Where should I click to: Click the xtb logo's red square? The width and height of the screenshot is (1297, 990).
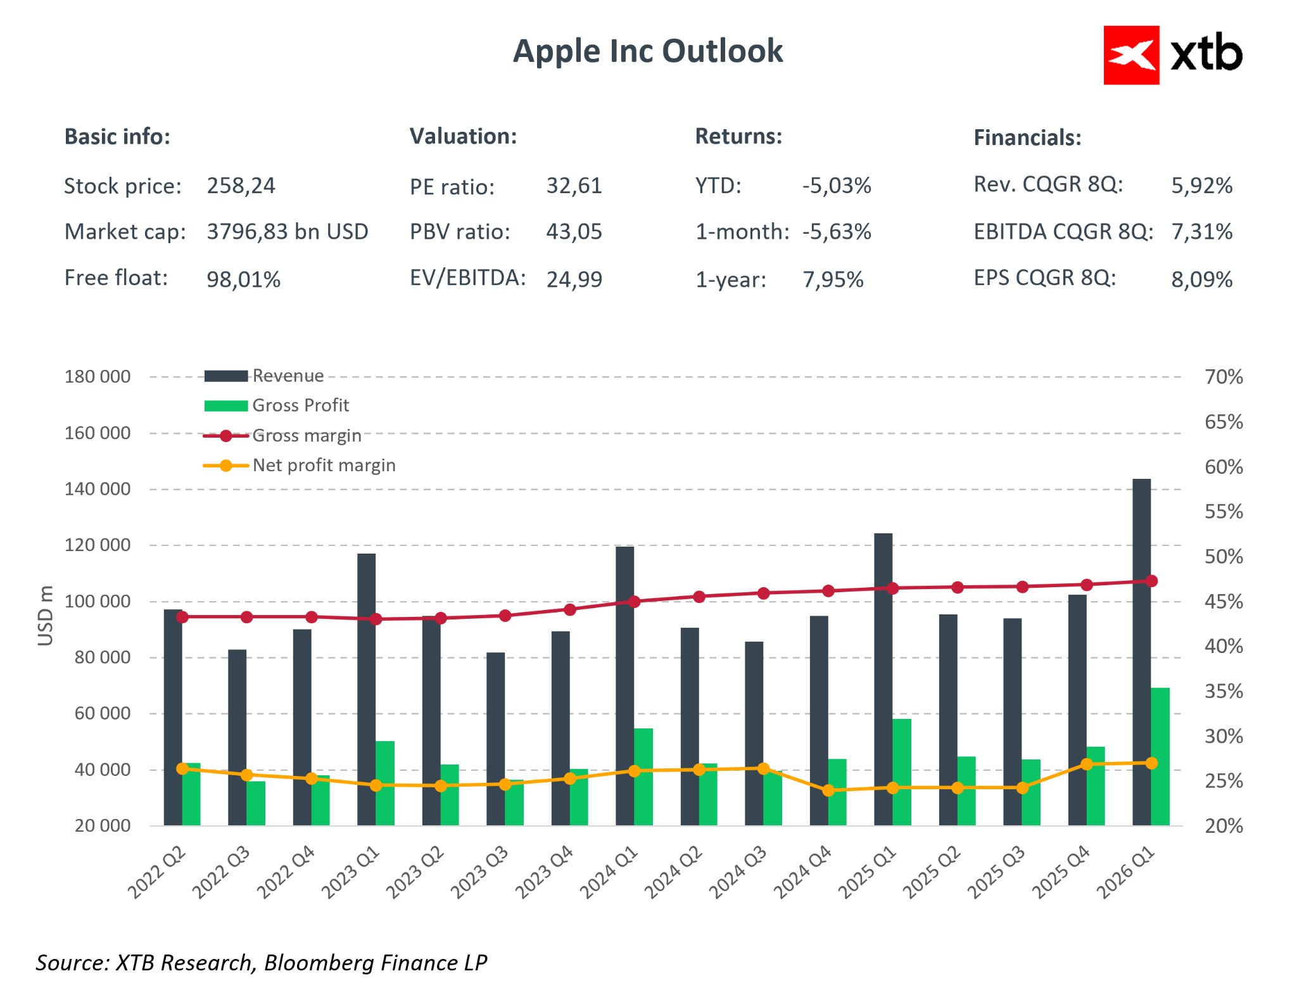(1131, 55)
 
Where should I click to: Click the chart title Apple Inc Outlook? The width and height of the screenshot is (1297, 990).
(647, 51)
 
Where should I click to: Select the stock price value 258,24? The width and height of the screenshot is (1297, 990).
(241, 186)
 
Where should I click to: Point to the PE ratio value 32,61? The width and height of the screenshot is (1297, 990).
(574, 186)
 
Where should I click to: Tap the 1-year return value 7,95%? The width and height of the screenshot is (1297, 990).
(833, 279)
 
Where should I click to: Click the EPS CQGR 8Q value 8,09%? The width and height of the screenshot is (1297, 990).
(1201, 279)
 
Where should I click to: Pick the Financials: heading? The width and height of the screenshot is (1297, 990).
(1027, 137)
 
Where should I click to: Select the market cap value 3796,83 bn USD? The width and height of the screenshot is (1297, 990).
(288, 232)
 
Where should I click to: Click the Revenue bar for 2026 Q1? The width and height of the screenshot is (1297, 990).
(1141, 652)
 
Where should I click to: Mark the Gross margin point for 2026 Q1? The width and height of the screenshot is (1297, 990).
(1151, 581)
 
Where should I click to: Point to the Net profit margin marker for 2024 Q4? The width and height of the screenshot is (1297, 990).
(828, 790)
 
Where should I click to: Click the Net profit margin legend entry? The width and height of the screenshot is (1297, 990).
(323, 466)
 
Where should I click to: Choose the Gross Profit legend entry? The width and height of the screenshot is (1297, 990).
(300, 405)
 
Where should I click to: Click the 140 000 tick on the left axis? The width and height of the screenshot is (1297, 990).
(98, 489)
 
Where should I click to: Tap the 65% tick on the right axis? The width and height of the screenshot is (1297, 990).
(1224, 422)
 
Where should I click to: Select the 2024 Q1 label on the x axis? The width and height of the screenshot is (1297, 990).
(609, 873)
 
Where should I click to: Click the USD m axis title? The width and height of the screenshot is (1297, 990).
(45, 616)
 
